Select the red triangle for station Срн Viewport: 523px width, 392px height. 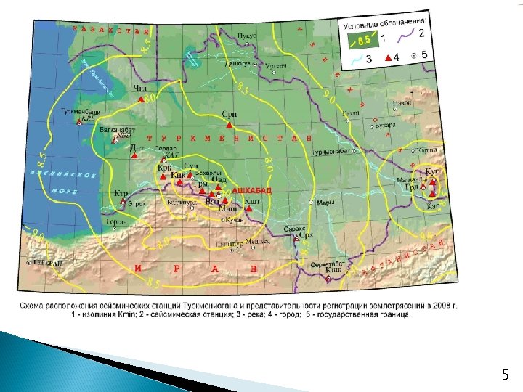tap(229, 125)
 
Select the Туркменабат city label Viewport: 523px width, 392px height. tap(333, 151)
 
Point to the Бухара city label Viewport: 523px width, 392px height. tap(386, 124)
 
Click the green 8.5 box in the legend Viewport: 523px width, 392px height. tap(358, 39)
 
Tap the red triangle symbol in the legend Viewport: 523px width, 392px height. tap(389, 57)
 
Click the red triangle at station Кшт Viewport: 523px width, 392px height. tap(248, 208)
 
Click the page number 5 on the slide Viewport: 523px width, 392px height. tap(506, 375)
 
